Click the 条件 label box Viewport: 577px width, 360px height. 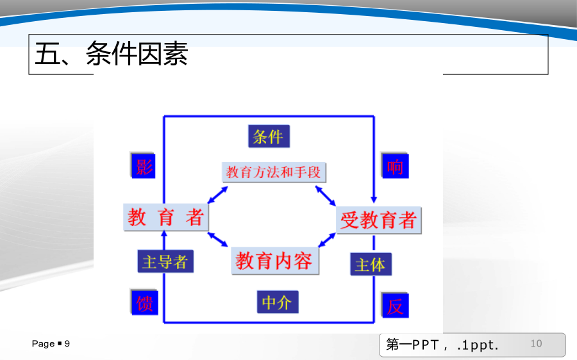[269, 136]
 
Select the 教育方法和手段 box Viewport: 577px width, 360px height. [274, 172]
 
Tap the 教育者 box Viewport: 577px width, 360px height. [166, 217]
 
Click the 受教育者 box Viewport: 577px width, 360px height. [378, 220]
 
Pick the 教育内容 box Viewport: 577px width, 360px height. [275, 261]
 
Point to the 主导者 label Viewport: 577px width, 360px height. [165, 261]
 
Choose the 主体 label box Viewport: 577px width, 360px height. [371, 264]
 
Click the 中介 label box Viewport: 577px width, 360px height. [278, 302]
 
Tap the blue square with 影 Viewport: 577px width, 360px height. [144, 166]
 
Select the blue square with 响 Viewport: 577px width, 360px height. [395, 166]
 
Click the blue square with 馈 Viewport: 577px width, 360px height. [145, 302]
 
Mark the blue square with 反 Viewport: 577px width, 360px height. [395, 306]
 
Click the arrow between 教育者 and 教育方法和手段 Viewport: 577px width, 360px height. [218, 195]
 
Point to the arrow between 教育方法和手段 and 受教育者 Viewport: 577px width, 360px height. [325, 195]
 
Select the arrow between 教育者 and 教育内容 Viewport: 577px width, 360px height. [218, 240]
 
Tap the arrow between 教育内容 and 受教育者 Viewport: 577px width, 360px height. [327, 240]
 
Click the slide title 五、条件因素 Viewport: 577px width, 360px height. [111, 54]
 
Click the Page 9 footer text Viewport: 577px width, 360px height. [51, 344]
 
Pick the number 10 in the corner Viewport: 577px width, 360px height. [536, 343]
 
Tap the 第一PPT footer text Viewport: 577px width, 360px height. [442, 345]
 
